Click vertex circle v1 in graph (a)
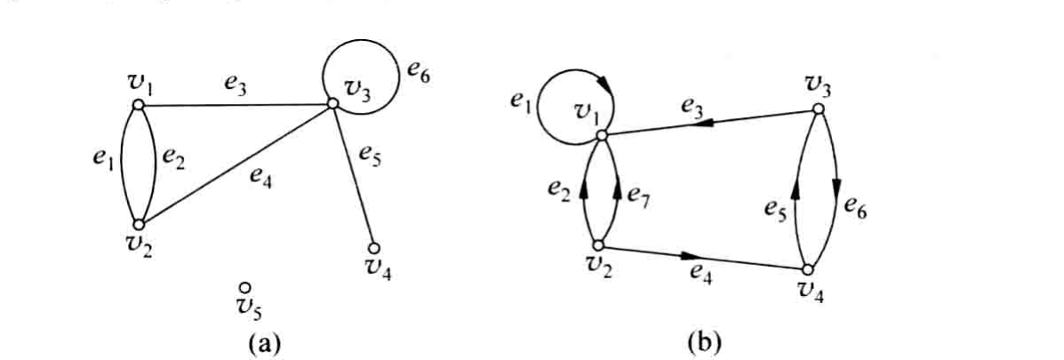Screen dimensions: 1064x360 pos(138,105)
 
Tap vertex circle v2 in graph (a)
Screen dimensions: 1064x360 pos(139,224)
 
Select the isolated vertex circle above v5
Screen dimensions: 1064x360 pos(245,289)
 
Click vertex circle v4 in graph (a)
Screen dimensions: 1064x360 pos(372,248)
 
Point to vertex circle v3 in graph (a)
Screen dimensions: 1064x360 pos(332,104)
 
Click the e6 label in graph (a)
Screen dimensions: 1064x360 pos(418,71)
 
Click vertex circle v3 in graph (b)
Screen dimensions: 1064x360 pos(819,108)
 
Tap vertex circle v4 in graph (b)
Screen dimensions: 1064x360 pos(808,270)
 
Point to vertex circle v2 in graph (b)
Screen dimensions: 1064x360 pos(598,247)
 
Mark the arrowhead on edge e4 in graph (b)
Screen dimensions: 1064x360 pos(689,256)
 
